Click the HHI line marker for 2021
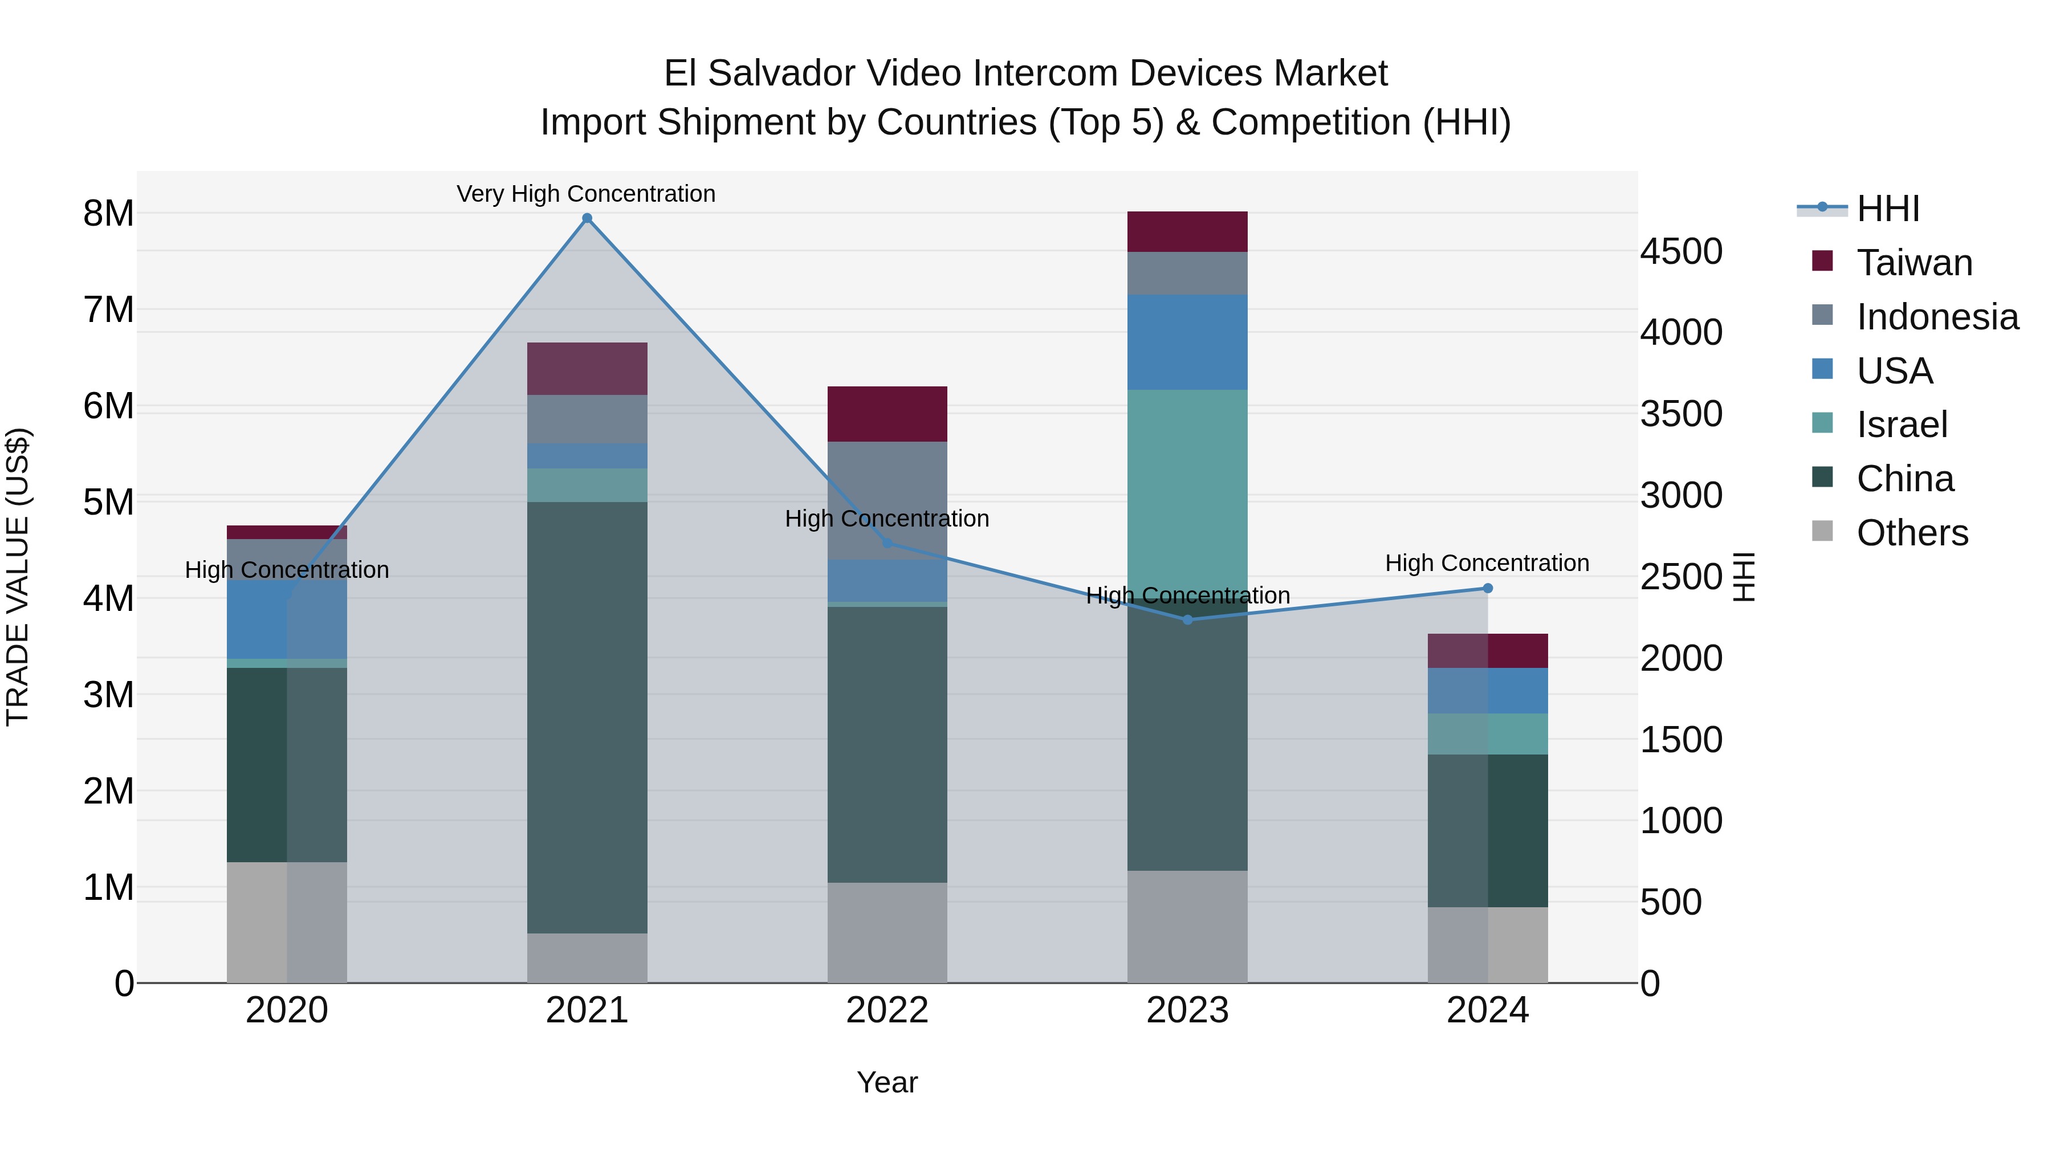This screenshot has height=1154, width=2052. tap(587, 218)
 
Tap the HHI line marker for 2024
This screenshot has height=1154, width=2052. tap(1487, 589)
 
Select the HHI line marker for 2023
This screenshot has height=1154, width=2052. tap(1187, 619)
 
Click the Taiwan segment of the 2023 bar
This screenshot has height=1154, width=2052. tap(1187, 232)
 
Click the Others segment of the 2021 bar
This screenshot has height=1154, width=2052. tap(587, 957)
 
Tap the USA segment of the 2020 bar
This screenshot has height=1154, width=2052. tap(287, 619)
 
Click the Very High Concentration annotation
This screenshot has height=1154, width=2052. tap(585, 194)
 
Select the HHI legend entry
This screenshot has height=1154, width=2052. tap(1887, 209)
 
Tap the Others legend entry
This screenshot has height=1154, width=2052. tap(1911, 533)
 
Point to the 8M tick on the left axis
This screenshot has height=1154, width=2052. tap(108, 214)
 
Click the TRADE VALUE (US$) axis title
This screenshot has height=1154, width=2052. tap(18, 577)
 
